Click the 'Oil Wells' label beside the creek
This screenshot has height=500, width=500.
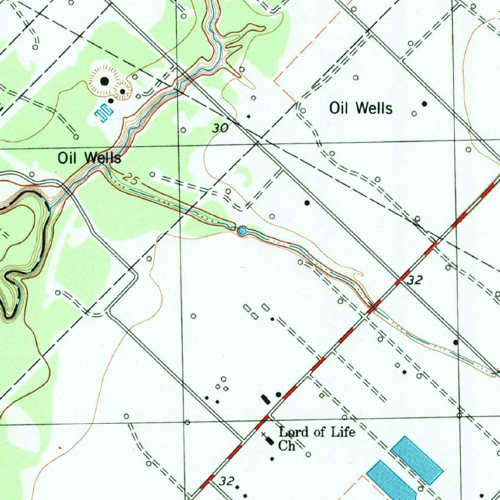(89, 158)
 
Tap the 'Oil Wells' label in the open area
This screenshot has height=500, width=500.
(361, 108)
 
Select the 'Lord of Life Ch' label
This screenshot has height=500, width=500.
(316, 438)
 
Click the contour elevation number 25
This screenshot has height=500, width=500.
(130, 179)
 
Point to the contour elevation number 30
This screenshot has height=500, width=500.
(221, 128)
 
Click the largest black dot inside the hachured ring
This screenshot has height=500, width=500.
(104, 81)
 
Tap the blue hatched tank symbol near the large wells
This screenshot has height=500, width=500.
(104, 113)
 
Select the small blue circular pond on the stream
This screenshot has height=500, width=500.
(242, 230)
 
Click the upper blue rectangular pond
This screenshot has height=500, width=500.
(417, 460)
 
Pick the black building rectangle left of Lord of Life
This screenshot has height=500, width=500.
(265, 399)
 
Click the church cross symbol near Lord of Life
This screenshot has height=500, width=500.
(264, 434)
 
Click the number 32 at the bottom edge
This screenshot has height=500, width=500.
(226, 480)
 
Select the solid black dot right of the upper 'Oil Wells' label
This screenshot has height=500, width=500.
(424, 104)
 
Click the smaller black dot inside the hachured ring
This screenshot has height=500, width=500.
(123, 91)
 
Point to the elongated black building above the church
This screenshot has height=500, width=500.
(270, 441)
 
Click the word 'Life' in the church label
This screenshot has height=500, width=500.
(343, 432)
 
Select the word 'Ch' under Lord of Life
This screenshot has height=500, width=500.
(287, 445)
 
